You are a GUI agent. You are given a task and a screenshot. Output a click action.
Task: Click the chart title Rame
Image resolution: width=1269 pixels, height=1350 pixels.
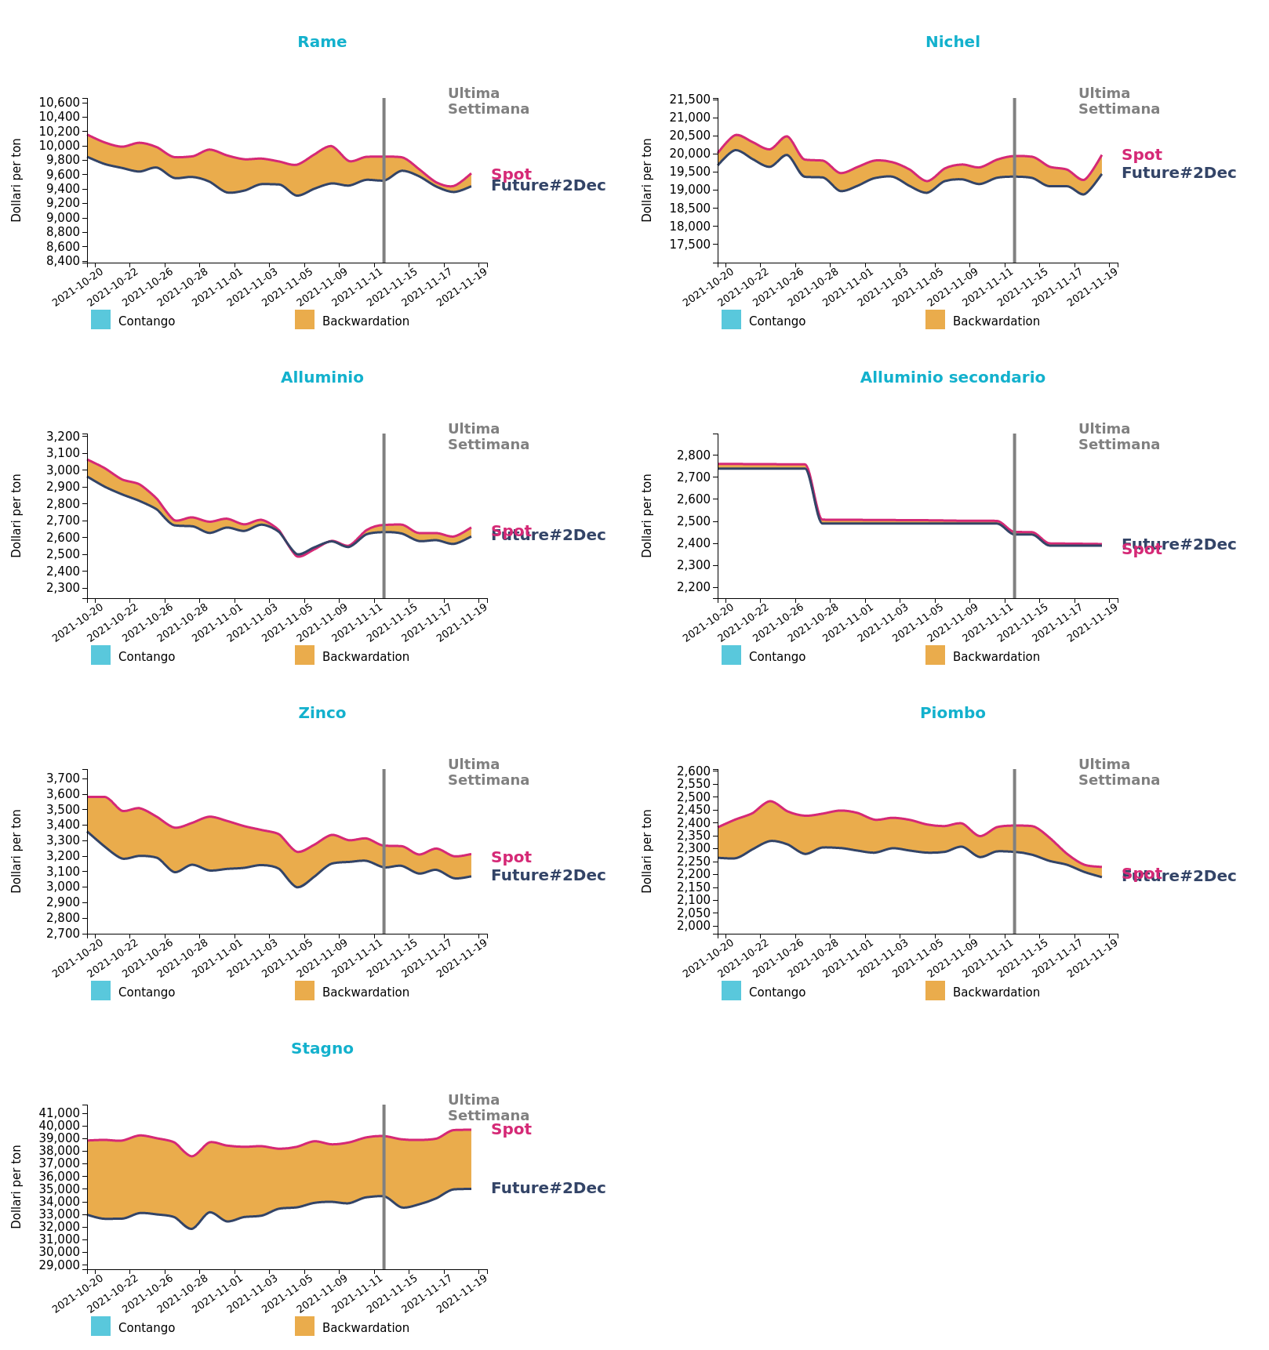(322, 42)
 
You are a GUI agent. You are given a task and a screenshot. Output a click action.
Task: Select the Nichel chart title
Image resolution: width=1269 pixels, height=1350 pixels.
(952, 42)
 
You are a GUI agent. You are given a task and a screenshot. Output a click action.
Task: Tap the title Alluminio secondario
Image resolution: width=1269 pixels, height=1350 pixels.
(952, 378)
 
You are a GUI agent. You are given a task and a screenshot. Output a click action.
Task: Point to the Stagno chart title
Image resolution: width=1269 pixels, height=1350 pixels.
(322, 1049)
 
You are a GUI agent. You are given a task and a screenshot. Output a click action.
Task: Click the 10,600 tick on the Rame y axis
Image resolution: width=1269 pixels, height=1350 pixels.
(59, 103)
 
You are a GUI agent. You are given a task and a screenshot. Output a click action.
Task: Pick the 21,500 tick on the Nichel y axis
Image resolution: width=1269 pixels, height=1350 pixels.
(689, 99)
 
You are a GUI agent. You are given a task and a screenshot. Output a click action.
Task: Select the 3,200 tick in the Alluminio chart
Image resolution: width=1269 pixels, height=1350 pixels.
(63, 436)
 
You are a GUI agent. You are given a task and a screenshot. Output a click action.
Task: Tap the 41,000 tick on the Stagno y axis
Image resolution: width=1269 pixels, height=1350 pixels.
(59, 1112)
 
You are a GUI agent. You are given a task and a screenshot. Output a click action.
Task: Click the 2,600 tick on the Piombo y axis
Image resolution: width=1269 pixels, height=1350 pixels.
(693, 771)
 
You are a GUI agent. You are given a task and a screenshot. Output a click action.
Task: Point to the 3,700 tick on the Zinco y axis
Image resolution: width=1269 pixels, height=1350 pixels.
(63, 778)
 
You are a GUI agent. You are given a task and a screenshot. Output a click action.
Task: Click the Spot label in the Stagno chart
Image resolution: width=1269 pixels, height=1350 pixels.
(511, 1130)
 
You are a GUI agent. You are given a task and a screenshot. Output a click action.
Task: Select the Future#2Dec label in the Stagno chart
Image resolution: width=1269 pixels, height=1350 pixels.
(548, 1189)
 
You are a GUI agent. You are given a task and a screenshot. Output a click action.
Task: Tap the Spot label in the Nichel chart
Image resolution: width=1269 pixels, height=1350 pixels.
(1142, 155)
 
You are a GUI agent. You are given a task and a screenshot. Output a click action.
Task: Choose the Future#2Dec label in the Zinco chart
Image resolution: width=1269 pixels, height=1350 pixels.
(548, 876)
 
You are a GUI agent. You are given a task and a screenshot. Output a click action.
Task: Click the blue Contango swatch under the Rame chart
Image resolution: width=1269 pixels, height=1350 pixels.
(100, 320)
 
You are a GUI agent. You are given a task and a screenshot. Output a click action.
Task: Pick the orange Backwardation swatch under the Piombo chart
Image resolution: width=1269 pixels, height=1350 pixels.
(935, 991)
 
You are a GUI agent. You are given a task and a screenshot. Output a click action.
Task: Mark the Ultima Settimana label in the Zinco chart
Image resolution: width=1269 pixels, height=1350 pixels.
(488, 772)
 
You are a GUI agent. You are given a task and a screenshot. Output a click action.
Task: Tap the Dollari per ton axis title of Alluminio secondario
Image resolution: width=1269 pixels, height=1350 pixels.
(647, 516)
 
